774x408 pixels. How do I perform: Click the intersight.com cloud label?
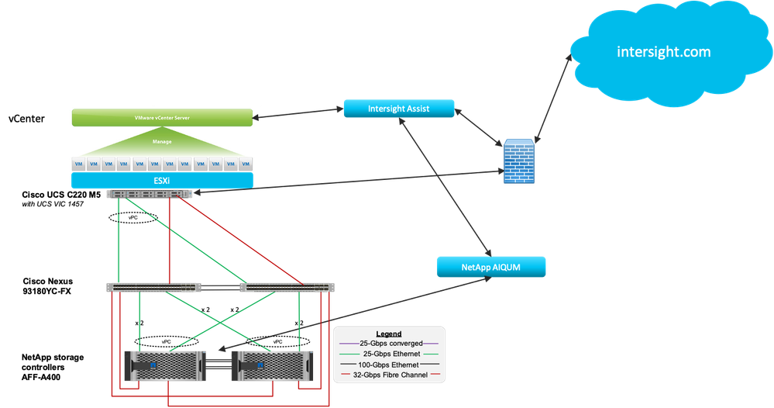tap(663, 52)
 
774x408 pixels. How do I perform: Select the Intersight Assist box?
tap(398, 109)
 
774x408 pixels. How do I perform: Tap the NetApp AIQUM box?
tap(491, 267)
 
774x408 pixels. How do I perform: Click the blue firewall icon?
tap(518, 161)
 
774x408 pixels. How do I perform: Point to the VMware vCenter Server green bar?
tap(162, 118)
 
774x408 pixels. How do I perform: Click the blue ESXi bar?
tap(162, 182)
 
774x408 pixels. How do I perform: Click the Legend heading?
tap(388, 334)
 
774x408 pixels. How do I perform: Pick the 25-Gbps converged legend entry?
tap(388, 344)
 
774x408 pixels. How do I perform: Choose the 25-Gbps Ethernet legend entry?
tap(388, 354)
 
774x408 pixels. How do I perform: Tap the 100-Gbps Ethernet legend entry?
tap(388, 364)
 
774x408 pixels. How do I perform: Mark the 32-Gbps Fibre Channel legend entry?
tap(388, 375)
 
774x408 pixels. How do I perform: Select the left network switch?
tap(156, 288)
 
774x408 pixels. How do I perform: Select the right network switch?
tap(287, 288)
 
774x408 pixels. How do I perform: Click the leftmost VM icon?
tap(77, 164)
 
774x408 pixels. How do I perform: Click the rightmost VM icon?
tap(246, 164)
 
